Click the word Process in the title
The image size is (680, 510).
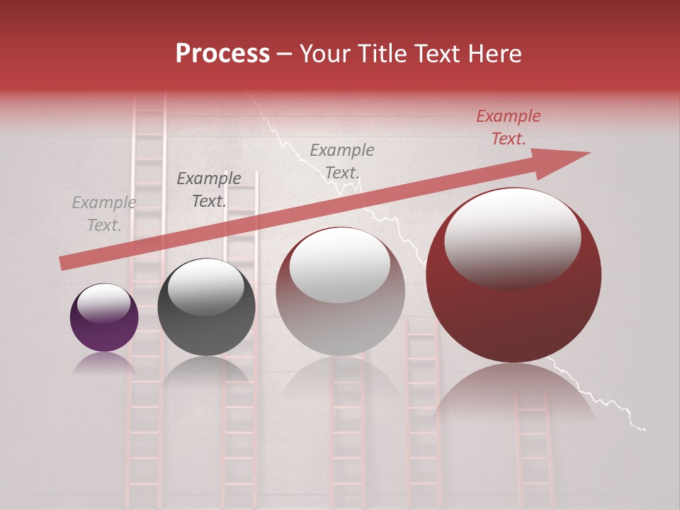point(222,54)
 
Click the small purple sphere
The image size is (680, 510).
point(104,318)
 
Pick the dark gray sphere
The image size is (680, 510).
point(206,307)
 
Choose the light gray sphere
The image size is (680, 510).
point(340,292)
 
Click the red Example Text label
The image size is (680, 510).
point(509,127)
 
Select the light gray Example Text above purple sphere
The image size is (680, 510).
point(104,214)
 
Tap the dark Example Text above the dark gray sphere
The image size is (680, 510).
point(209,190)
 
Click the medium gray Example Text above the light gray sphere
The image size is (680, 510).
point(342,161)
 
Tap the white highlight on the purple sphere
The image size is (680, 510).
point(103,303)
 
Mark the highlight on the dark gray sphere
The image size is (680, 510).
point(205,286)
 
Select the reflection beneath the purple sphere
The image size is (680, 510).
point(104,363)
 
